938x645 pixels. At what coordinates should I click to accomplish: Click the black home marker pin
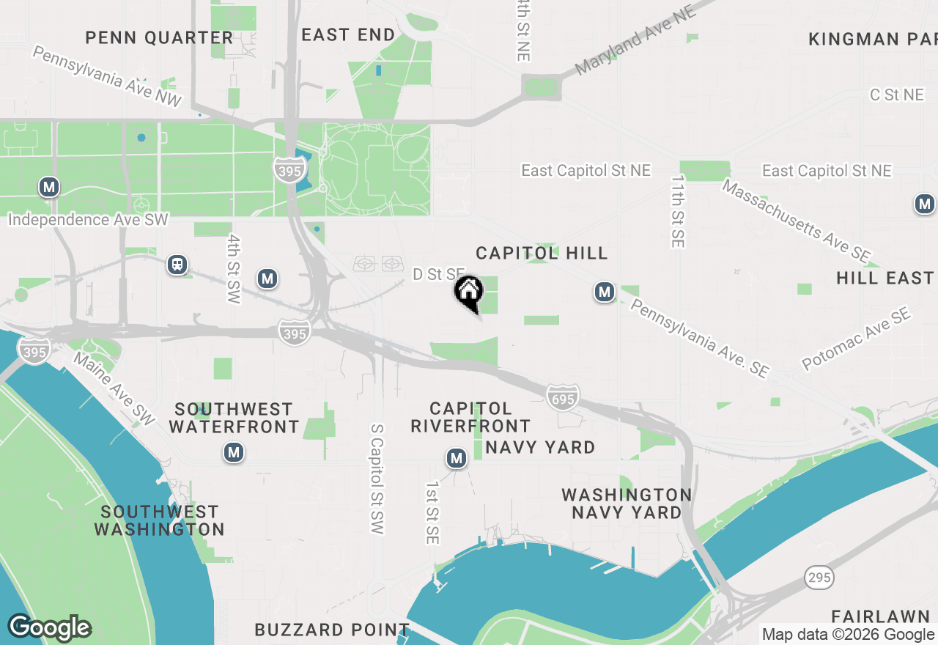[469, 292]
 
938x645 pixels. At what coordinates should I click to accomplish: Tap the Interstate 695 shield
[562, 397]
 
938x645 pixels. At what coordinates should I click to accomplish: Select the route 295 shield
[819, 578]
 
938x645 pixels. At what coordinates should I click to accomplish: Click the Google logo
[49, 627]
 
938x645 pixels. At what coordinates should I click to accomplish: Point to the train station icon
[177, 265]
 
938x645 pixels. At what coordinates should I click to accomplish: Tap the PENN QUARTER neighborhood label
[159, 37]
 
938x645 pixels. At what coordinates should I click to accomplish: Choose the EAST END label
[348, 34]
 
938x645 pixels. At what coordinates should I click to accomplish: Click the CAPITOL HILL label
[542, 253]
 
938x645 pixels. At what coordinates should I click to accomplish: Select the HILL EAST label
[885, 278]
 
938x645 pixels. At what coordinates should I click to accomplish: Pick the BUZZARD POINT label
[332, 630]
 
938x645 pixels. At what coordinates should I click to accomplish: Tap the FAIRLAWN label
[884, 616]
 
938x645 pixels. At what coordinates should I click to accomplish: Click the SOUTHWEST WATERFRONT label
[234, 418]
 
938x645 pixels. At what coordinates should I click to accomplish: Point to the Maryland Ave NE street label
[635, 43]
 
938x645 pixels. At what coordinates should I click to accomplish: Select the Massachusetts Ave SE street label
[796, 221]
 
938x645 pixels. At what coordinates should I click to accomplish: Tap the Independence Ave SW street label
[88, 219]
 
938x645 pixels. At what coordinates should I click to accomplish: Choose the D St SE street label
[438, 274]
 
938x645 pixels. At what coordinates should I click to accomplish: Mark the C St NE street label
[896, 95]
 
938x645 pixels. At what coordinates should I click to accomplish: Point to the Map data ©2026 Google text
[848, 635]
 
